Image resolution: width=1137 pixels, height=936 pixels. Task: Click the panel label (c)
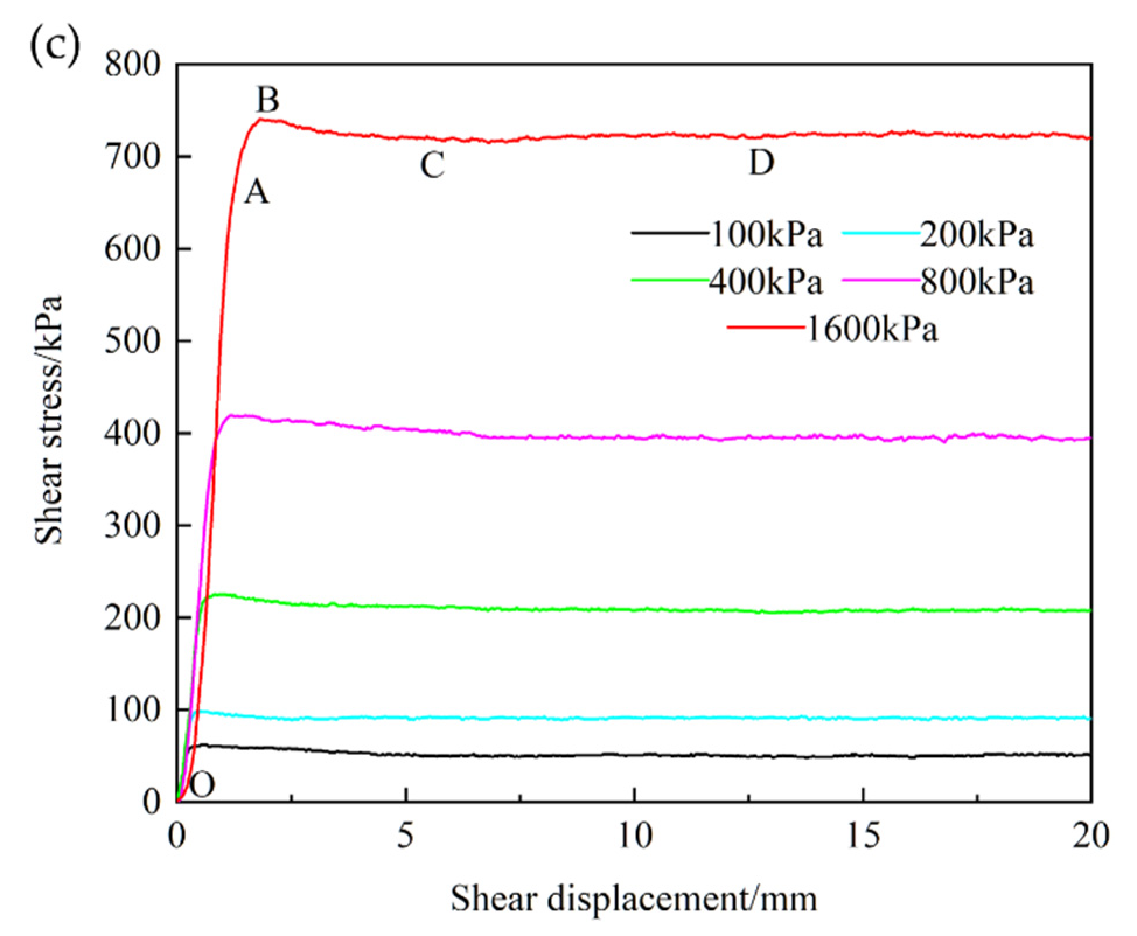[54, 46]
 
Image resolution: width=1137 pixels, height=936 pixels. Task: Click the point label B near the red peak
[268, 100]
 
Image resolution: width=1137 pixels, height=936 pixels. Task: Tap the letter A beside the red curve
[257, 192]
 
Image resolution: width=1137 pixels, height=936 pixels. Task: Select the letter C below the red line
[433, 165]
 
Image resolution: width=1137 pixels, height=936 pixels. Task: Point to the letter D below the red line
[761, 163]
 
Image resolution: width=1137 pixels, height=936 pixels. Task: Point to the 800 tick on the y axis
[132, 64]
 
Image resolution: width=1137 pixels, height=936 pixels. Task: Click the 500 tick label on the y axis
[132, 341]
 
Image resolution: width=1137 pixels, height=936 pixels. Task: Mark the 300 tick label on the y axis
[132, 526]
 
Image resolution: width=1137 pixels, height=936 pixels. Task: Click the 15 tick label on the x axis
[863, 836]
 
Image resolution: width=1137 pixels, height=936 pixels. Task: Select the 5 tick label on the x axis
[406, 836]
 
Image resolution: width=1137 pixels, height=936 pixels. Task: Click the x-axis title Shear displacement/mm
[633, 898]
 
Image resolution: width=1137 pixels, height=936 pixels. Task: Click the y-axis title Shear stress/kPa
[48, 420]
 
